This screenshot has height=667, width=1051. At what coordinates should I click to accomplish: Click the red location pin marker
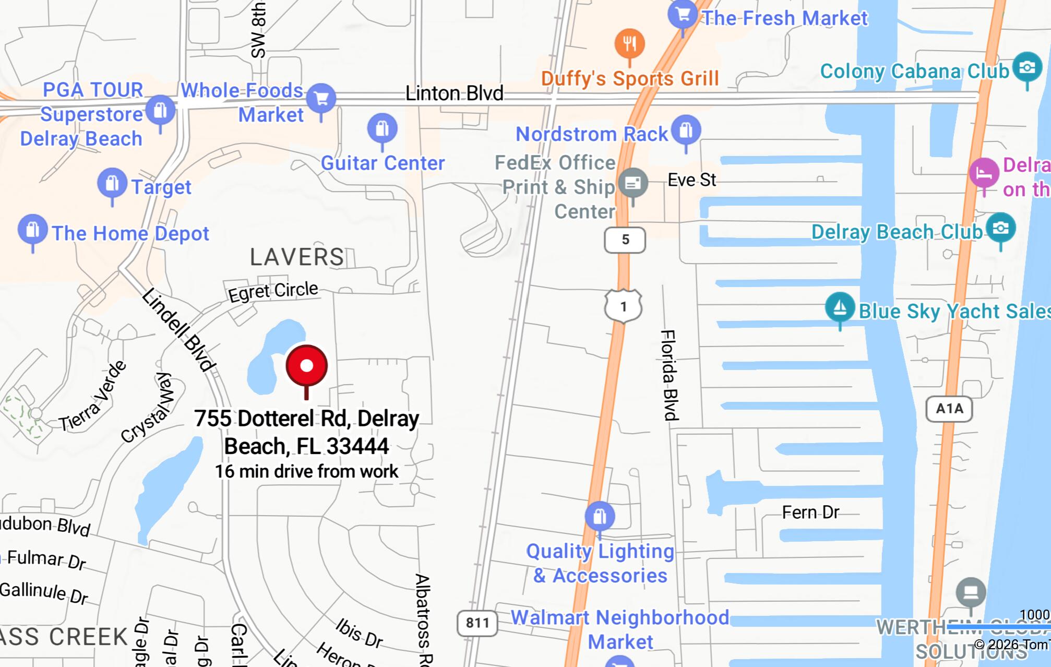tap(307, 366)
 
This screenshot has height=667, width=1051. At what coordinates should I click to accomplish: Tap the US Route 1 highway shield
tap(623, 306)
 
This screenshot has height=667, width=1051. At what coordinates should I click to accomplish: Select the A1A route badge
tap(949, 409)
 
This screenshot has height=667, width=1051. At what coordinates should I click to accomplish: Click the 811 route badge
tap(477, 623)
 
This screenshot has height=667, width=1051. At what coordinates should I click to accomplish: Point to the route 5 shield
tap(625, 240)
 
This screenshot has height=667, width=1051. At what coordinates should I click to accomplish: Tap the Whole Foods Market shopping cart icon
tap(321, 98)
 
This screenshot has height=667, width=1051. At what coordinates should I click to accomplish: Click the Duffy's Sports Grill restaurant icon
tap(629, 44)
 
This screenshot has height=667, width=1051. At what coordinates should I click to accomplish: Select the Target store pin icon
tap(112, 184)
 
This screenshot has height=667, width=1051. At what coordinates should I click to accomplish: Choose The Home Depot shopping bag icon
tap(33, 230)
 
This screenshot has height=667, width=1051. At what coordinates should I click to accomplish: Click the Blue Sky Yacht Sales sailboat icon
tap(840, 307)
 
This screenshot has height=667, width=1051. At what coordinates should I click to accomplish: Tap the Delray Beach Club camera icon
tap(1000, 228)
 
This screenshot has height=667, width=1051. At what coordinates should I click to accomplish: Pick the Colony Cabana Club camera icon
tap(1027, 67)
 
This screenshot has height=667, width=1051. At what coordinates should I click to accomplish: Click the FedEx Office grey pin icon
tap(633, 183)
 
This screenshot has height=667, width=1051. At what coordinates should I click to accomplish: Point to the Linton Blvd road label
tap(454, 94)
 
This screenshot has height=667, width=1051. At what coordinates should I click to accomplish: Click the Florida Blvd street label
tap(669, 375)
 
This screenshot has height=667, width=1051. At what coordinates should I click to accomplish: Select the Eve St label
tap(692, 180)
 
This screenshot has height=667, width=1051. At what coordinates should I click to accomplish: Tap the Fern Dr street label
tap(810, 513)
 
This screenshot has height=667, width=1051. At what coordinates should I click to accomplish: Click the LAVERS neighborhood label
tap(297, 257)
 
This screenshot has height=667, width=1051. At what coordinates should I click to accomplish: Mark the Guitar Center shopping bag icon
tap(382, 128)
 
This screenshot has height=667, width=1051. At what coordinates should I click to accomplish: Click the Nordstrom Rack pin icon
tap(686, 130)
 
